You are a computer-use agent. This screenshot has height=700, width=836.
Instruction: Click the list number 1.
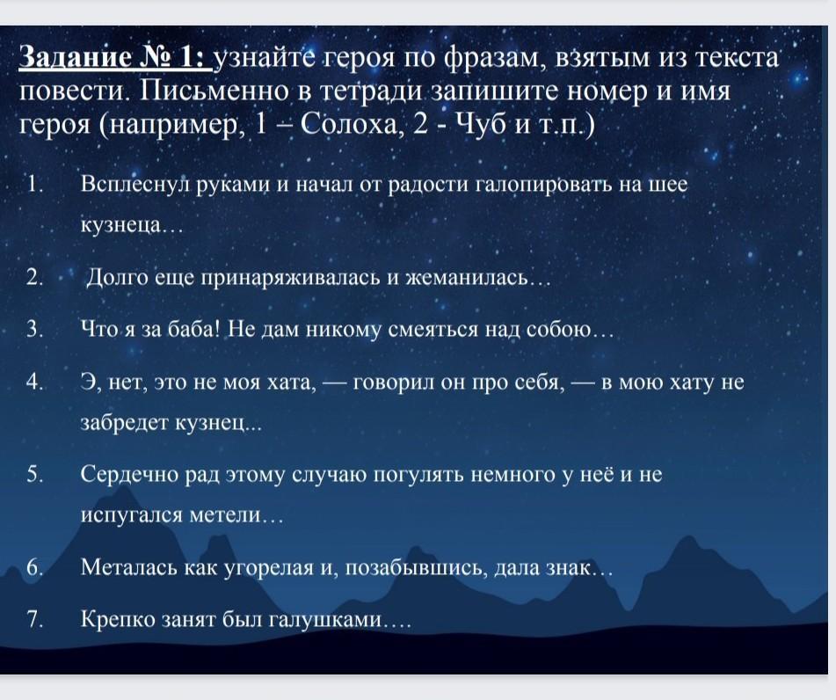tap(34, 184)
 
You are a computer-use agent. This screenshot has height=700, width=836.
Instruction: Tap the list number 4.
tap(34, 382)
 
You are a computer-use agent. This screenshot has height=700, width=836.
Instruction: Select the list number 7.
tap(34, 619)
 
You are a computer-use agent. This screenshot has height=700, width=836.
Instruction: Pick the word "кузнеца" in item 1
tap(120, 226)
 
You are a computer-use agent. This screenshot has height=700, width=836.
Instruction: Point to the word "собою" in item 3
tap(559, 331)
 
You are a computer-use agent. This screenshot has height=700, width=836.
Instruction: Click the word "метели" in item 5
tap(226, 515)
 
